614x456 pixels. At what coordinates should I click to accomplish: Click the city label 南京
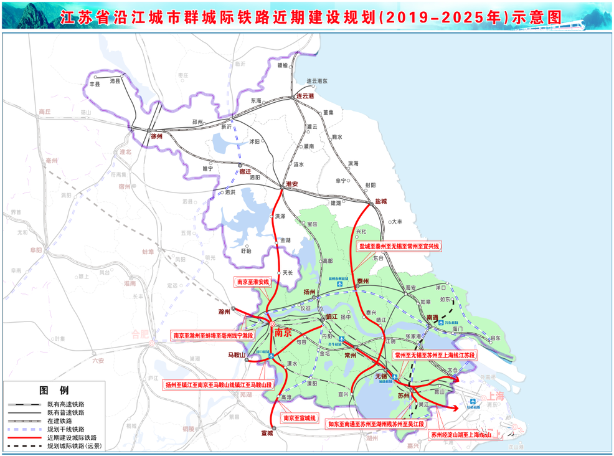coord(283,333)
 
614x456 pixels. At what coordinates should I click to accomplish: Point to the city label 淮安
coord(291,184)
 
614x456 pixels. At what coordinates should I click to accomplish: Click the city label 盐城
coord(380,201)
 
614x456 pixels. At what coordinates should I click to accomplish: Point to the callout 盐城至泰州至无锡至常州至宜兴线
coord(399,247)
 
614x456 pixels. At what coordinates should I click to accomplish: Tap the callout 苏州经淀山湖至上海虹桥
coord(460,434)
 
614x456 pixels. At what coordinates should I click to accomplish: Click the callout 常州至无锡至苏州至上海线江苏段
coord(435,355)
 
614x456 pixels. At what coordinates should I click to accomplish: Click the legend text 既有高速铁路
coord(66,404)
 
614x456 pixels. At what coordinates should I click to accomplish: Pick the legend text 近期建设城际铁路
coord(70,438)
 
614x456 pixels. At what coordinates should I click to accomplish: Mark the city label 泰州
coord(362,282)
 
